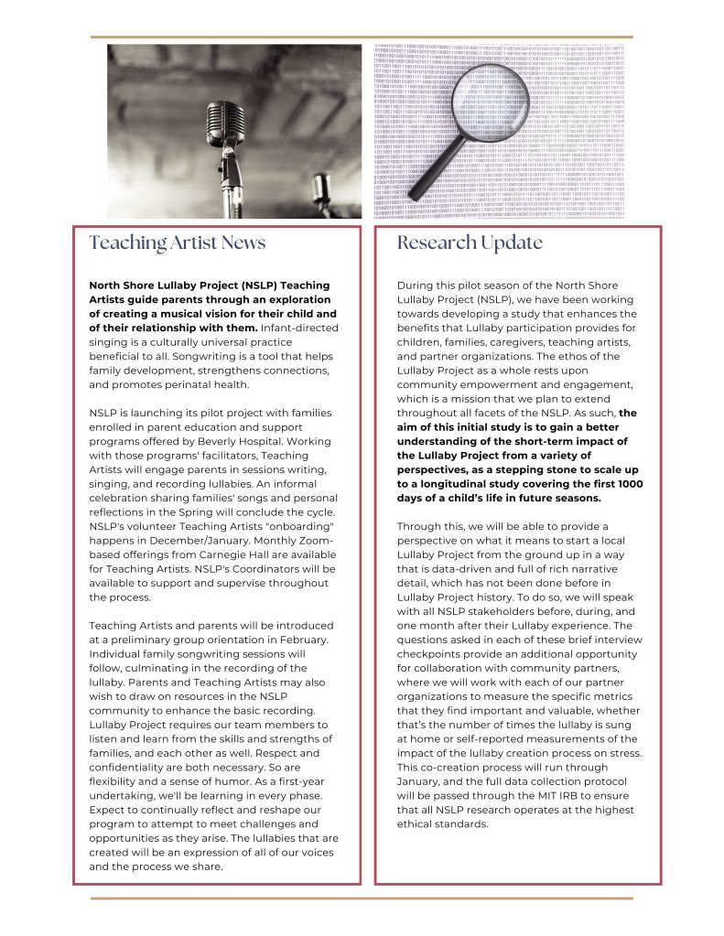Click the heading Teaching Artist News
tap(178, 242)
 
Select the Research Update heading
tap(470, 242)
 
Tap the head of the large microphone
tap(225, 120)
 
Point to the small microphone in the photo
tap(320, 187)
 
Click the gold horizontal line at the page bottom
tap(362, 898)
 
